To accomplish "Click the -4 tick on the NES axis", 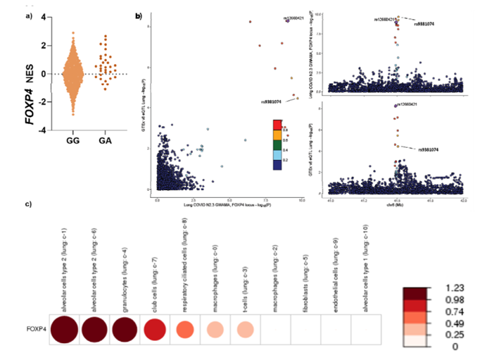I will click(x=44, y=130).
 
